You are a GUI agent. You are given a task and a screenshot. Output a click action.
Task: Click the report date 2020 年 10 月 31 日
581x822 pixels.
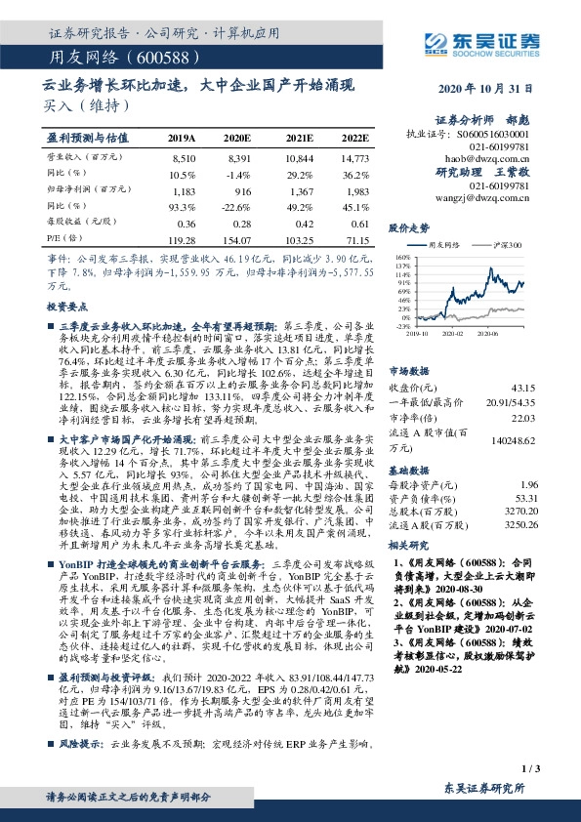coord(493,89)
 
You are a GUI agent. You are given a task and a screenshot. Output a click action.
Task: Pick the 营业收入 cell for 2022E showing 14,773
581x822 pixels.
coord(353,157)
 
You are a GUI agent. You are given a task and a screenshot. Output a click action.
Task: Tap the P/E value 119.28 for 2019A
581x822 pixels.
coord(183,238)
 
